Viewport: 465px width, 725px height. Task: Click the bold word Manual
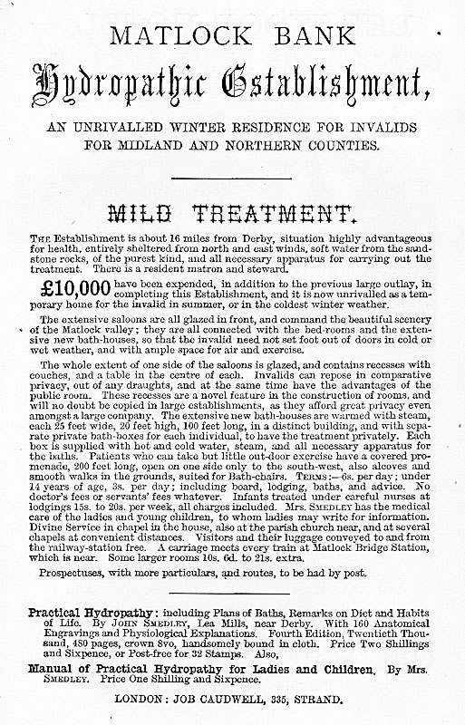pos(55,668)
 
